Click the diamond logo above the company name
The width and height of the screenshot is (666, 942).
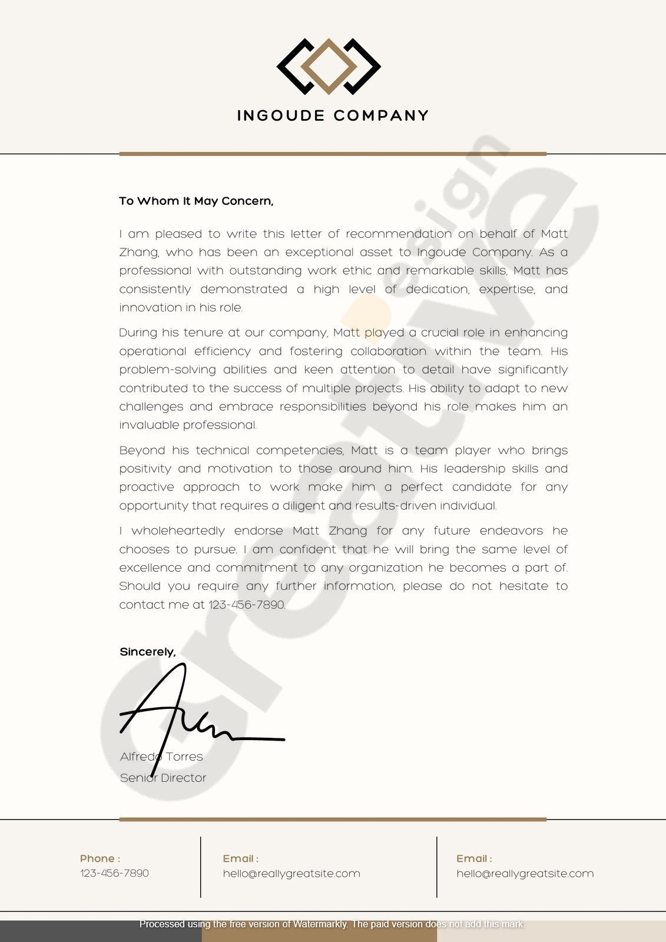pos(329,67)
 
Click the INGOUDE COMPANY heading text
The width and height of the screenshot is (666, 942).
pos(333,115)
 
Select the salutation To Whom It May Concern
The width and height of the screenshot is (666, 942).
pos(196,201)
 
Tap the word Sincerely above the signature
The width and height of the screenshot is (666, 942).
pos(147,652)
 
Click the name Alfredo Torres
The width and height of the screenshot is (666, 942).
pos(161,757)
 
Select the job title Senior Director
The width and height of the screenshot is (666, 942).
pos(163,778)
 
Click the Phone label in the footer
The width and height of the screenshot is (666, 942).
pos(100,858)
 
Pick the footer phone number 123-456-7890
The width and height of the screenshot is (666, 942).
pos(114,873)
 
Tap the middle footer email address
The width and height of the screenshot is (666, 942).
pos(291,874)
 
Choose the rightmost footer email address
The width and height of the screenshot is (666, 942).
pos(525,874)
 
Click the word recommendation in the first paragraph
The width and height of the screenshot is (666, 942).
pos(399,234)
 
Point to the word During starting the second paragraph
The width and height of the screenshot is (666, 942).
pos(138,333)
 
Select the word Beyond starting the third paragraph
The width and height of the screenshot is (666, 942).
pos(142,450)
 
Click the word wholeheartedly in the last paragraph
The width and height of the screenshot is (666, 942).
pos(178,531)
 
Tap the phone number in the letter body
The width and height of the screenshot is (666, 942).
pos(247,605)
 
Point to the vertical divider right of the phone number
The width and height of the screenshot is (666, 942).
pos(200,867)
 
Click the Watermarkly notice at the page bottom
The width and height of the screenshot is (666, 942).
pos(332,924)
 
